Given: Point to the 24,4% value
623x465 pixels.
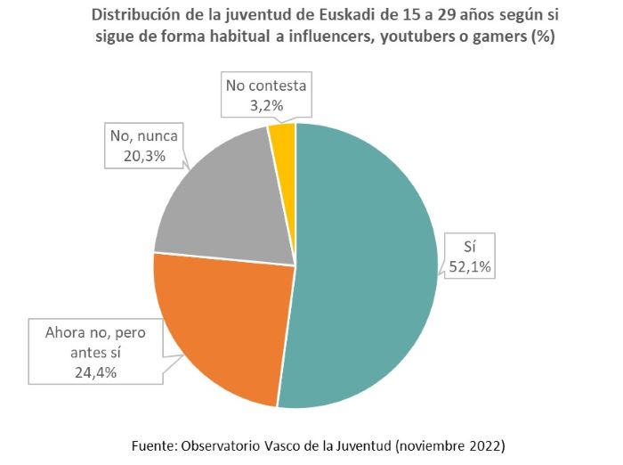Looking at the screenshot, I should [86, 372].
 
